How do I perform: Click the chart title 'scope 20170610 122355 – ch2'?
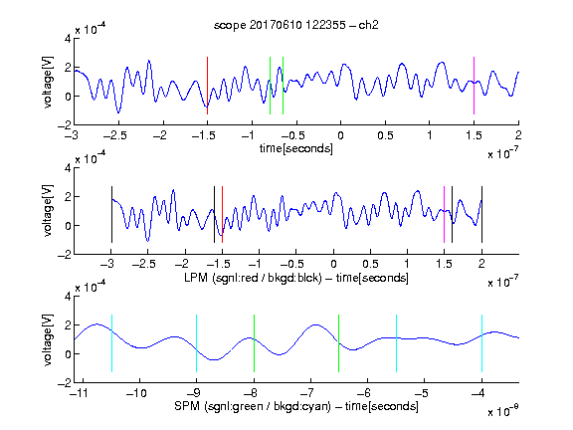point(296,25)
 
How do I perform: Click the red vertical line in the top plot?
point(207,86)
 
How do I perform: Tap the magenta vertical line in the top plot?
point(474,86)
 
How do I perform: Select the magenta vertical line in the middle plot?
point(444,214)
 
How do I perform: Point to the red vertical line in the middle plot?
point(222,214)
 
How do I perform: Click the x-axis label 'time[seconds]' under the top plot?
point(296,148)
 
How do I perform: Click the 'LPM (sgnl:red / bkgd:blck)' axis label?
point(253,278)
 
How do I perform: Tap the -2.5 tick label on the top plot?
point(115,136)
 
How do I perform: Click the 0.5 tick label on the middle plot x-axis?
point(370,264)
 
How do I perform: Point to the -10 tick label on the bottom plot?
point(136,393)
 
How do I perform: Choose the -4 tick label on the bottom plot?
point(478,393)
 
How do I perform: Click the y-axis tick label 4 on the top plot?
point(68,39)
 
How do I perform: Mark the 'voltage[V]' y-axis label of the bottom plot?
point(48,339)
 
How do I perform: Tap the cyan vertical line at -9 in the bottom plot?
point(196,343)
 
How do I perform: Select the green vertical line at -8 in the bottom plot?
point(254,343)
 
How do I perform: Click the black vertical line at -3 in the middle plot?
point(111,214)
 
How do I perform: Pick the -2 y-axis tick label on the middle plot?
point(65,255)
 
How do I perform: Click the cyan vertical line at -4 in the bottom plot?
point(481,343)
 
